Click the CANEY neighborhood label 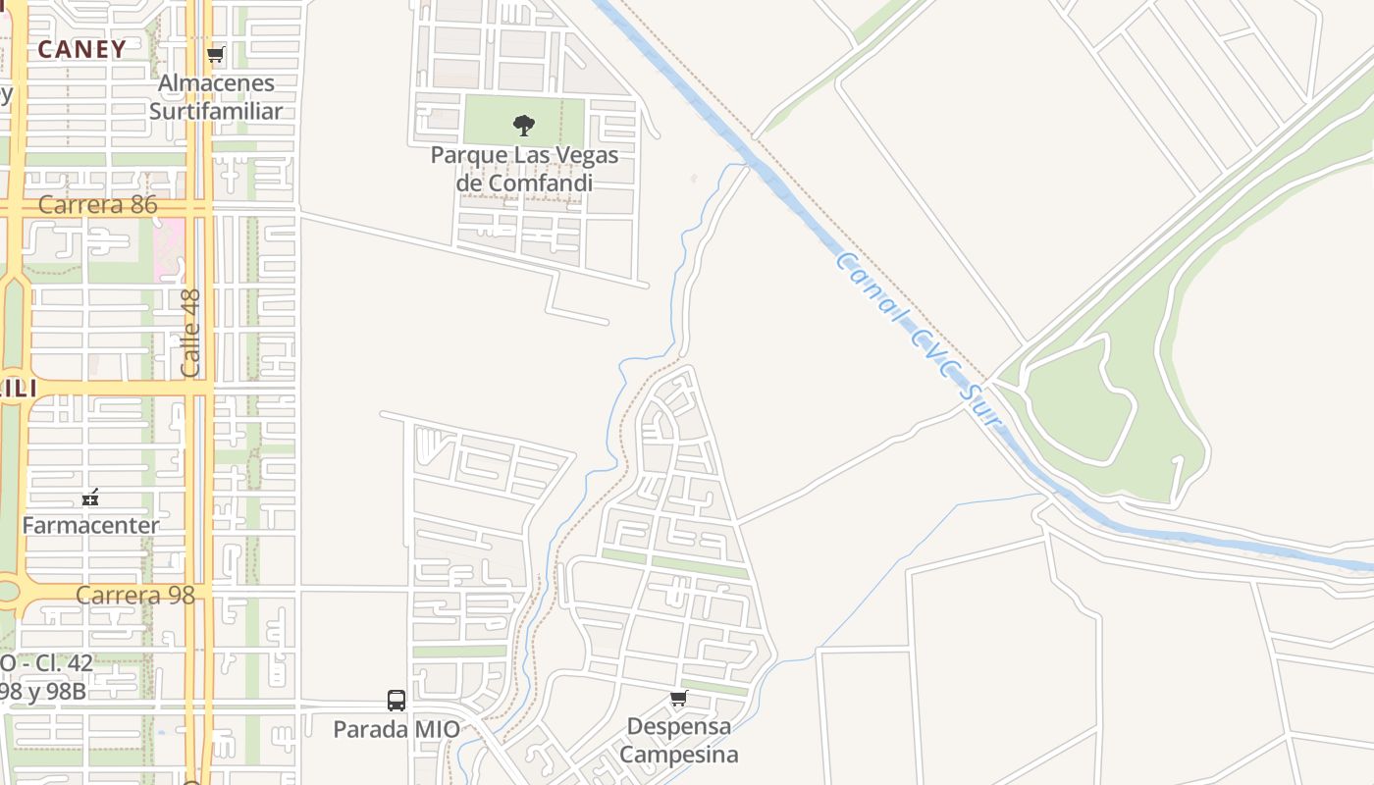coord(82,49)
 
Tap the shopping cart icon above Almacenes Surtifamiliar coord(216,54)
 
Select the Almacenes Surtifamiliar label coord(216,97)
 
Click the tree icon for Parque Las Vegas coord(524,126)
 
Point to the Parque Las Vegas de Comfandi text coord(524,169)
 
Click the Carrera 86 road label coord(98,205)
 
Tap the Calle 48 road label coord(191,333)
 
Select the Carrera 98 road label coord(135,595)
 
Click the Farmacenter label coord(90,525)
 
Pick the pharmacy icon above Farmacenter coord(90,497)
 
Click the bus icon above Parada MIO coord(396,701)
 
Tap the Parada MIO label coord(396,729)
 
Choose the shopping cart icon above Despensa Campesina coord(678,699)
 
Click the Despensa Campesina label coord(678,741)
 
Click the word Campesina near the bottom coord(678,755)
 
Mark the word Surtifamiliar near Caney coord(216,111)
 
